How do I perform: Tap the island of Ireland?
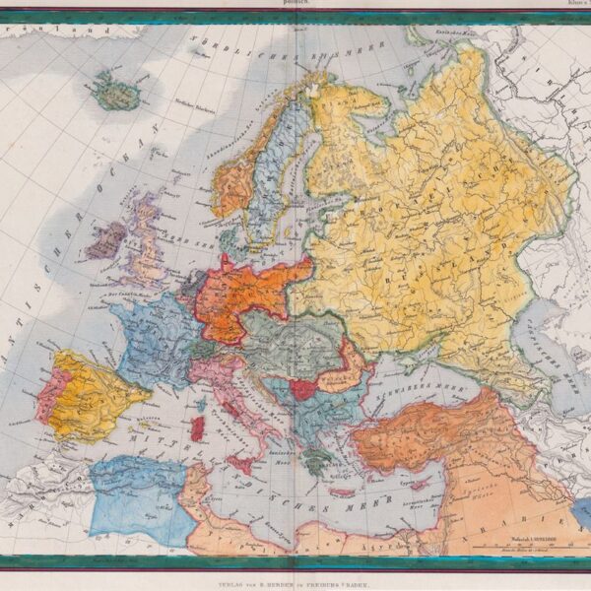pyautogui.click(x=104, y=240)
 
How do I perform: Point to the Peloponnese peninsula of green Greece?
pyautogui.click(x=312, y=461)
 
